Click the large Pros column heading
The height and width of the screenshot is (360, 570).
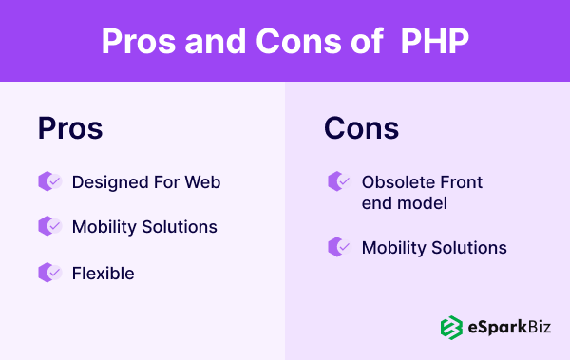[x=70, y=129]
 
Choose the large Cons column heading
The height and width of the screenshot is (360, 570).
[x=361, y=129]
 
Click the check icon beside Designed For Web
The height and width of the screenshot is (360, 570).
[x=49, y=181]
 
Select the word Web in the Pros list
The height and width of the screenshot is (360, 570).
[x=202, y=181]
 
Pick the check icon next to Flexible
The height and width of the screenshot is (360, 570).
[x=49, y=273]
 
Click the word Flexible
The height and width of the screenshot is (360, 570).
[x=103, y=274]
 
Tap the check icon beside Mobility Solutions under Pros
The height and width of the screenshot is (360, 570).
[x=49, y=227]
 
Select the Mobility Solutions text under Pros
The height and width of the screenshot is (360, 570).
[x=144, y=227]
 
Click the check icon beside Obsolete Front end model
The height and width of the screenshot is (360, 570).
[x=339, y=181]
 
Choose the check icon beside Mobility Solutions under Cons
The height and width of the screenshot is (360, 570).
[x=339, y=247]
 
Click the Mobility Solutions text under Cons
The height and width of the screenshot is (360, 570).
[x=434, y=248]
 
